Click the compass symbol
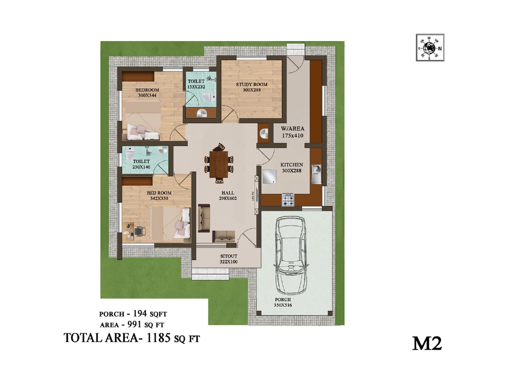pyautogui.click(x=430, y=48)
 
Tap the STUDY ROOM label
pyautogui.click(x=251, y=84)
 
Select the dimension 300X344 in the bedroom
pyautogui.click(x=147, y=95)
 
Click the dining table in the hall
pyautogui.click(x=219, y=164)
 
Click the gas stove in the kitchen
pyautogui.click(x=288, y=200)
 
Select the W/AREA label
pyautogui.click(x=292, y=129)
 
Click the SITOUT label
pyautogui.click(x=229, y=256)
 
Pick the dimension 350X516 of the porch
pyautogui.click(x=282, y=305)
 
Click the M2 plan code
pyautogui.click(x=427, y=343)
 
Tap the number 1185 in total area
pyautogui.click(x=158, y=338)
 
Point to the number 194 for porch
pyautogui.click(x=140, y=314)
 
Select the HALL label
pyautogui.click(x=228, y=193)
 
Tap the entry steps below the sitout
pyautogui.click(x=210, y=274)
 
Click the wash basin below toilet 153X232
pyautogui.click(x=201, y=113)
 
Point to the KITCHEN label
pyautogui.click(x=291, y=165)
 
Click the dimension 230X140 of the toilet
pyautogui.click(x=141, y=167)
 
